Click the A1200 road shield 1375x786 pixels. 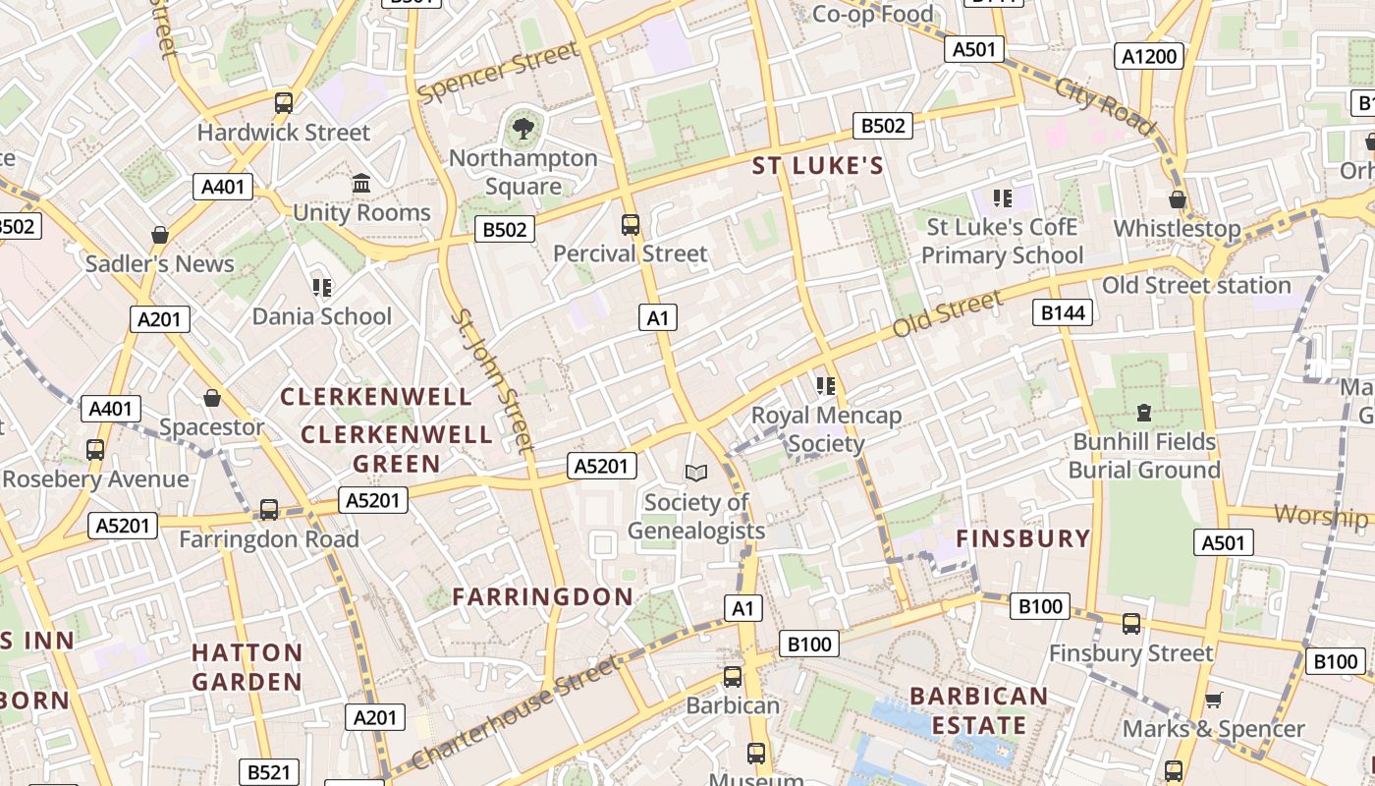(1148, 57)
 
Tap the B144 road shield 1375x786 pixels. (1063, 312)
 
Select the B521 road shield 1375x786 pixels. (268, 772)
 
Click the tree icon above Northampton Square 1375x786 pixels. (523, 127)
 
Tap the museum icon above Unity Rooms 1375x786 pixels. (361, 184)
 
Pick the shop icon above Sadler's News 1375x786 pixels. (160, 236)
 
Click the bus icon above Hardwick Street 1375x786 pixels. (284, 102)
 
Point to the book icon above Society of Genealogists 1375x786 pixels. (696, 474)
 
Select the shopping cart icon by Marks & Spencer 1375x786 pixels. (1214, 701)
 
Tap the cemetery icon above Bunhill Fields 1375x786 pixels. (1144, 413)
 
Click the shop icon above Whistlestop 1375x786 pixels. (1178, 200)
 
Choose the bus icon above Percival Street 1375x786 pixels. (631, 225)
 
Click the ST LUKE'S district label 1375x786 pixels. (818, 166)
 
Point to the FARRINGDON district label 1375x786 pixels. (543, 596)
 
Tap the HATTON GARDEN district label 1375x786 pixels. (247, 667)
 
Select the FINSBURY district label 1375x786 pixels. (1023, 538)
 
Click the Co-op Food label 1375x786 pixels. (873, 14)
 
